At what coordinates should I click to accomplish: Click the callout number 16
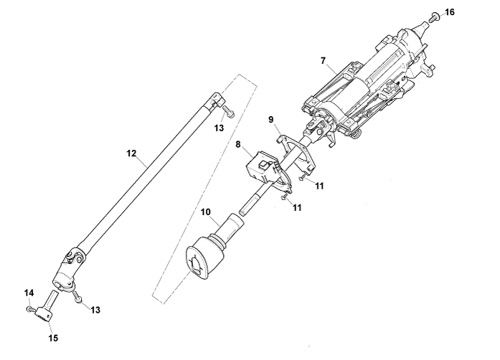tap(450, 12)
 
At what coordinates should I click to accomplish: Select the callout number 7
tap(324, 60)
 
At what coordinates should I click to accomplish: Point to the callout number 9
tap(271, 120)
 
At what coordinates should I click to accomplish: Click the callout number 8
tap(238, 144)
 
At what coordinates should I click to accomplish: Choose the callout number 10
tap(206, 212)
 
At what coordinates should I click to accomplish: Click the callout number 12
tap(131, 153)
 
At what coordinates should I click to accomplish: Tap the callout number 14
tap(29, 293)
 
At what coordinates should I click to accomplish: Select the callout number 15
tap(53, 338)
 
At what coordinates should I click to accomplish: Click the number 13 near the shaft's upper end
tap(219, 128)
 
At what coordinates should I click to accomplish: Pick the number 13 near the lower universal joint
tap(95, 310)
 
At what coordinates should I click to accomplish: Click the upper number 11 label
tap(319, 186)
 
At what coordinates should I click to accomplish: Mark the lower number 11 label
tap(296, 208)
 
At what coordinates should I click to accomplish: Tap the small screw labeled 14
tap(29, 308)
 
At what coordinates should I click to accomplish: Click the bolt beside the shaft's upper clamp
tap(228, 111)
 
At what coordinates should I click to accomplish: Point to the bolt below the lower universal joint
tap(77, 296)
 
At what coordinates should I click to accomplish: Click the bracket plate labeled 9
tap(297, 153)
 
